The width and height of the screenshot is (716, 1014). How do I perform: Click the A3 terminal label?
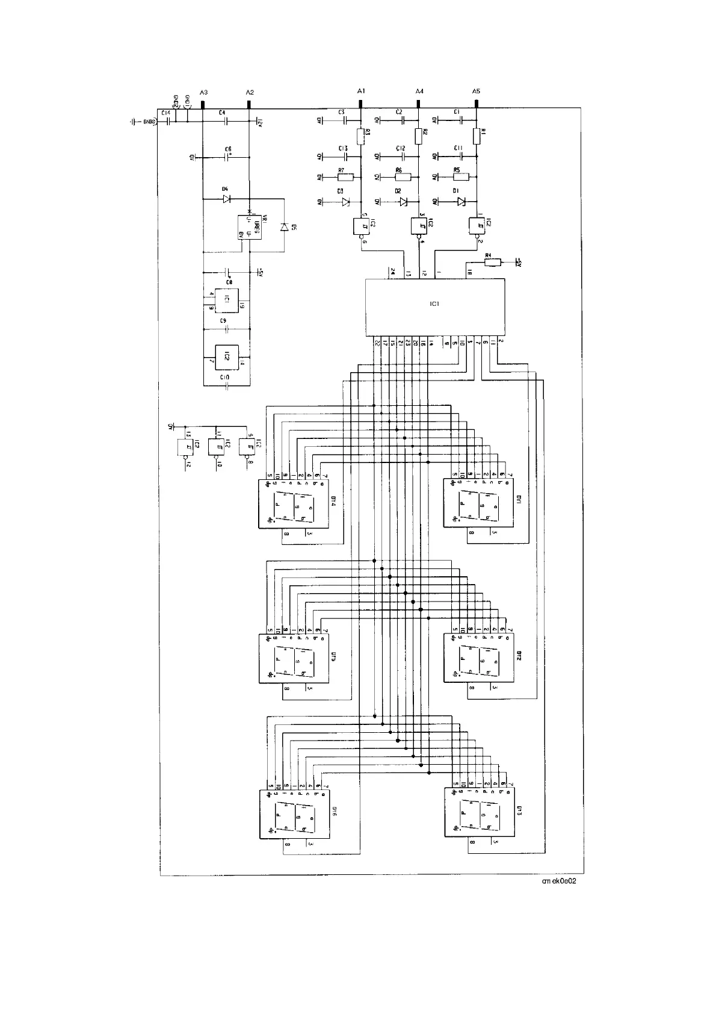(203, 92)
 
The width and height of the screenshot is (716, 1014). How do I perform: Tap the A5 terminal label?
(476, 91)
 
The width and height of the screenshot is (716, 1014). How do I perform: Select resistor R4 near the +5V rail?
(492, 262)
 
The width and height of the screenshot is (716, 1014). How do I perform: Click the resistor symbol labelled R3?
(360, 136)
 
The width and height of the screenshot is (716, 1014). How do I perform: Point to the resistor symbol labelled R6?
(403, 177)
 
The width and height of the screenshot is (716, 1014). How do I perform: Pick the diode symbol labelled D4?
(226, 199)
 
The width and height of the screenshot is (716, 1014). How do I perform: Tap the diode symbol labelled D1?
(461, 202)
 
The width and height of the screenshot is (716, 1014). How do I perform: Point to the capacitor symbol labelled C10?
(226, 384)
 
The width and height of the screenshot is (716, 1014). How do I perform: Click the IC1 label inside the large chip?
(434, 304)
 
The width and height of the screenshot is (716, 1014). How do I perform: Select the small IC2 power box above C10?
(223, 357)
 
